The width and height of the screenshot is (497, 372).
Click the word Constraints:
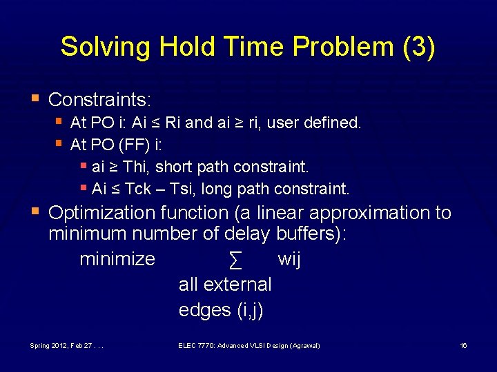tap(99, 100)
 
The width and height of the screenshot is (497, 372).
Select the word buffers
tap(308, 234)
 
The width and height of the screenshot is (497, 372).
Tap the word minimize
tap(117, 260)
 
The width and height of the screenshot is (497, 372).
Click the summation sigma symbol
tap(235, 260)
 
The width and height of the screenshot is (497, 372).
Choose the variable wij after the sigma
tap(289, 260)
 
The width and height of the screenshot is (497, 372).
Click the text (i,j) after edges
tap(249, 310)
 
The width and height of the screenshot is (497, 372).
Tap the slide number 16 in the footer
tap(463, 344)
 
